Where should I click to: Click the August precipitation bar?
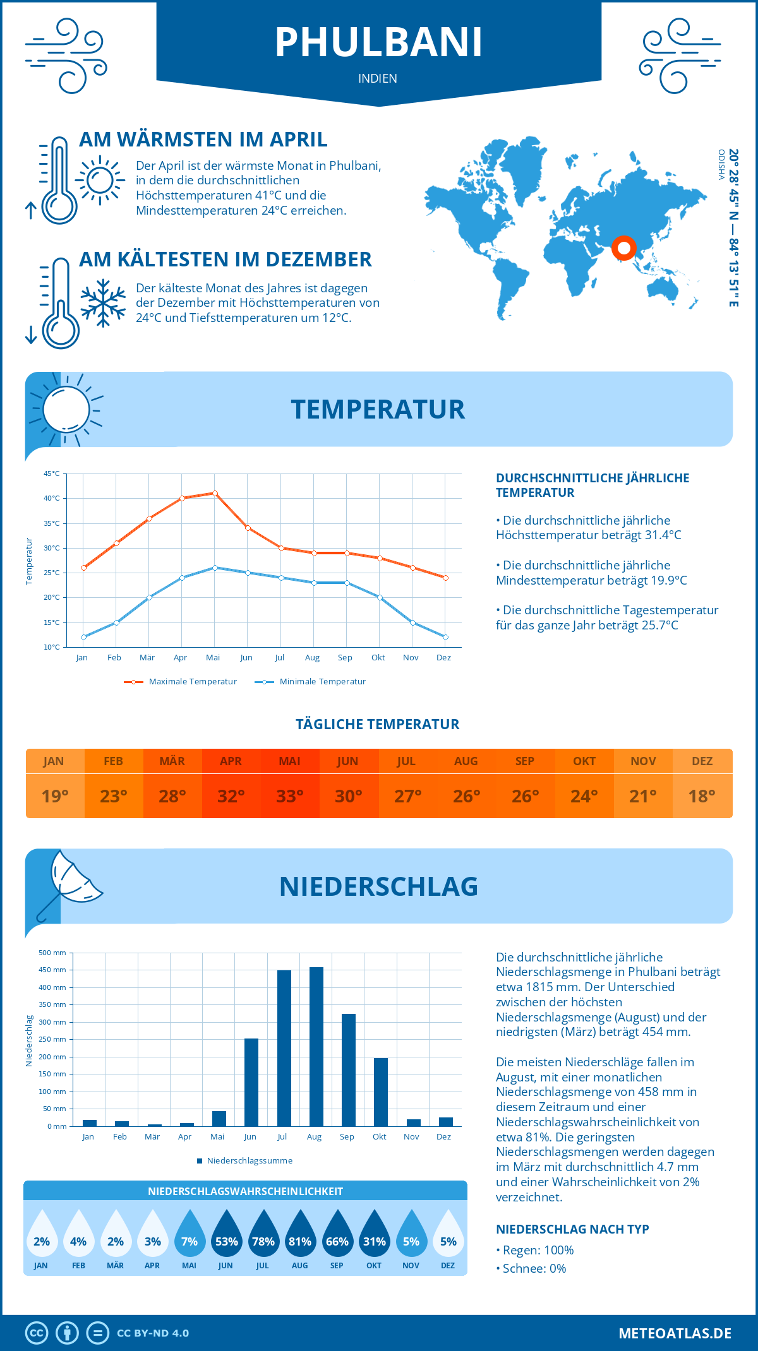point(316,1047)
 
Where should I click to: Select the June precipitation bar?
point(251,1082)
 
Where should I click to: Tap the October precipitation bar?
point(380,1092)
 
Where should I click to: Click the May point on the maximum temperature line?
point(215,493)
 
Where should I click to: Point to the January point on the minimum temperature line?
point(83,637)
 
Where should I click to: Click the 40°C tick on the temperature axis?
point(52,498)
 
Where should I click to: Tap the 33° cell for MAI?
point(290,796)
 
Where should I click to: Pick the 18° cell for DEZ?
point(702,796)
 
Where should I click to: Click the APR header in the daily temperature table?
point(231,761)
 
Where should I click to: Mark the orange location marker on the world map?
point(623,248)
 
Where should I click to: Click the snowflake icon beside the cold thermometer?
point(103,302)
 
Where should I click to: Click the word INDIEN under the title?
point(378,78)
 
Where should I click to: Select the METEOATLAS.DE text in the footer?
point(675,1333)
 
